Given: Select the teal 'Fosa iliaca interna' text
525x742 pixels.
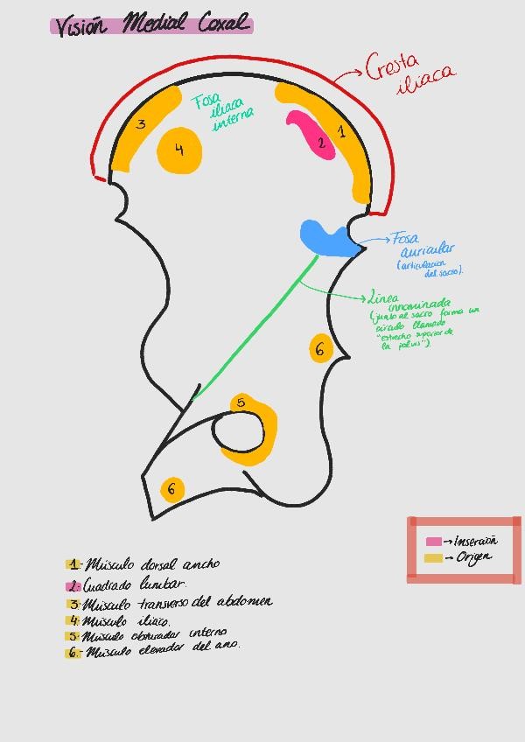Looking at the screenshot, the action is [x=222, y=113].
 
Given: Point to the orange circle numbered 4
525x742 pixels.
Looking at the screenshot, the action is [x=179, y=150].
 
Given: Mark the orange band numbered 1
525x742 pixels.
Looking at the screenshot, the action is [x=341, y=136].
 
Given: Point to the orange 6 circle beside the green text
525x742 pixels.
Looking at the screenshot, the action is [x=320, y=349].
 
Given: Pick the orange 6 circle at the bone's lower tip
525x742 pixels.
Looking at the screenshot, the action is [x=172, y=488].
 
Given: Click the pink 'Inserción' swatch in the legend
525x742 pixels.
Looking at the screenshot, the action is [x=434, y=542].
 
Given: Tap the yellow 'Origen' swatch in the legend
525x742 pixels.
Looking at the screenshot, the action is [x=433, y=558].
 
